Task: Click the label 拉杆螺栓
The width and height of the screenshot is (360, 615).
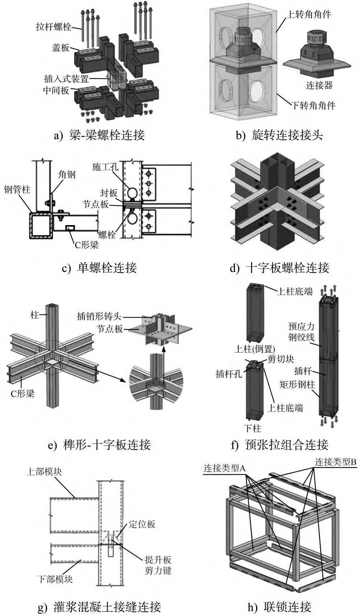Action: coord(54,26)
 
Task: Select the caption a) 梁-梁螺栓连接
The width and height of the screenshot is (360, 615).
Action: coord(98,135)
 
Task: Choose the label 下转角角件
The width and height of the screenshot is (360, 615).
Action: coord(313,105)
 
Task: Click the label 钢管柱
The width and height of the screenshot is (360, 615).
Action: coord(17,189)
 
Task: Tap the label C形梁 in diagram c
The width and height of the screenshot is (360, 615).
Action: coord(87,245)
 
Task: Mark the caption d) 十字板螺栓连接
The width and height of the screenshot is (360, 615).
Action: coord(280,267)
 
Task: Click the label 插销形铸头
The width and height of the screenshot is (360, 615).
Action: coord(99,317)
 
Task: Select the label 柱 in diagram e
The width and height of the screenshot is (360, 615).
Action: coord(34,316)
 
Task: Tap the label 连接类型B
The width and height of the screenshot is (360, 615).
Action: coord(336,462)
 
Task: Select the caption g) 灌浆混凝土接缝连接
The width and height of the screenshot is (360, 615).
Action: coord(99,607)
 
